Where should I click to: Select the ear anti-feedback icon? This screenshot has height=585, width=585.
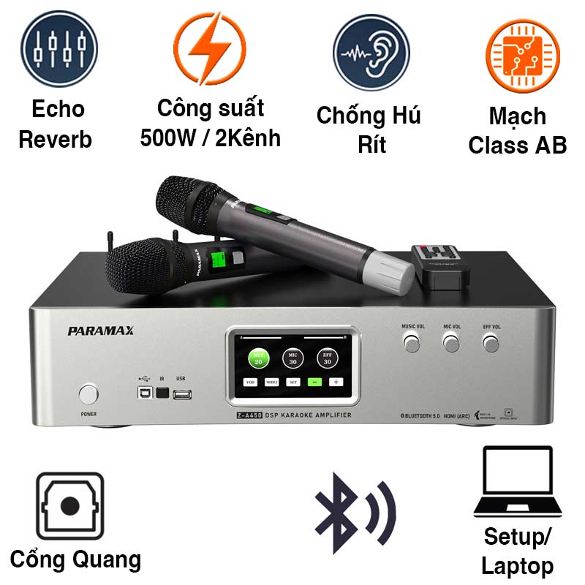[371, 52]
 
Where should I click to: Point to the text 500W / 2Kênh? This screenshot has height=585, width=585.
[211, 137]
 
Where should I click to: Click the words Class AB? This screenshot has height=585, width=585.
[518, 145]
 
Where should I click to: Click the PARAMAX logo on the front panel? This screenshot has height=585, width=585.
[101, 331]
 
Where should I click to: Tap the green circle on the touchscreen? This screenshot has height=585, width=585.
[258, 358]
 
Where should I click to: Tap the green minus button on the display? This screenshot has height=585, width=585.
[314, 382]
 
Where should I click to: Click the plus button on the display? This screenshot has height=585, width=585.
[336, 382]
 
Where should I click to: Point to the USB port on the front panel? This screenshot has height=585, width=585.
[183, 394]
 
